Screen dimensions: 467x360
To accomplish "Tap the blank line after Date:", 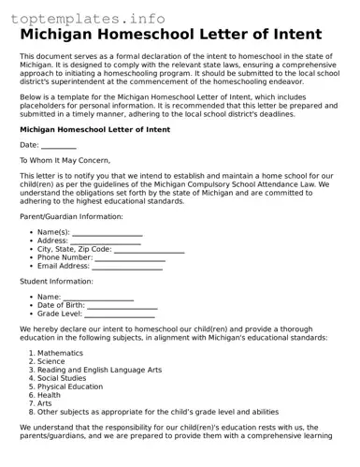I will coord(59,145).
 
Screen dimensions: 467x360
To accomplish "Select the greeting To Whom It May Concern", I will coord(65,160).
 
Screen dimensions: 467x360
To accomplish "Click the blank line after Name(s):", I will coord(107,232).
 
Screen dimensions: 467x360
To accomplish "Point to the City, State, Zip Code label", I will coord(74,249).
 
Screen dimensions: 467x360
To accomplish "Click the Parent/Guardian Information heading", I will coord(71,215).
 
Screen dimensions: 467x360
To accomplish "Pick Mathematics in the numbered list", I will coord(60,353).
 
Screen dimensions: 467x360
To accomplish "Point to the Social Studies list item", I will coord(62,378).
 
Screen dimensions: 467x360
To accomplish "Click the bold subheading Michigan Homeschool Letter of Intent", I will coord(94,129).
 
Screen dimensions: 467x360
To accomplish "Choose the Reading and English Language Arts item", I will coord(99,370).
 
